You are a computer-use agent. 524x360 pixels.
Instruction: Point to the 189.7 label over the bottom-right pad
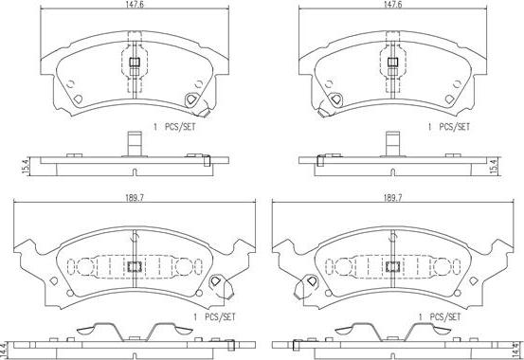[390, 197]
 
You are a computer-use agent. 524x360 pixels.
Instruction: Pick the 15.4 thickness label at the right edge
[517, 165]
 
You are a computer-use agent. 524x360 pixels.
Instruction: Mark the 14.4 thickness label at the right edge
[517, 347]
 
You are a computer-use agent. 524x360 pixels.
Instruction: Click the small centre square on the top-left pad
[133, 63]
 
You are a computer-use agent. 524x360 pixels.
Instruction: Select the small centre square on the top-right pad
[391, 63]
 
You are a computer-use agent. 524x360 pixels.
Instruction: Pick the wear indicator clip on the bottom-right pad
[307, 283]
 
